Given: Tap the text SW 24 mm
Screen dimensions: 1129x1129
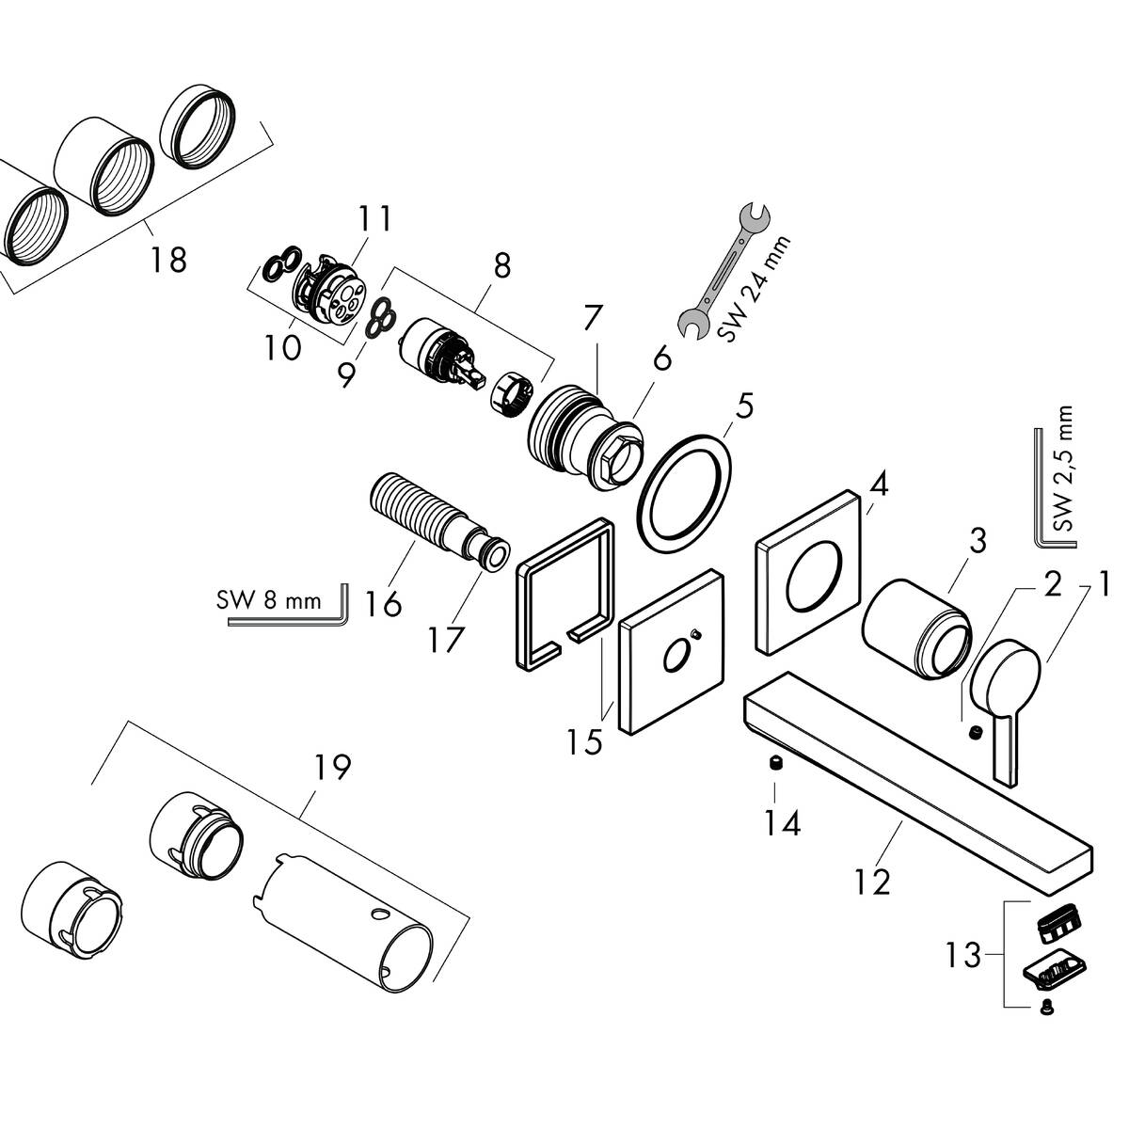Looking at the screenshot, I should (x=758, y=292).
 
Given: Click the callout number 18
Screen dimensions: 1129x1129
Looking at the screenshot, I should (x=170, y=258).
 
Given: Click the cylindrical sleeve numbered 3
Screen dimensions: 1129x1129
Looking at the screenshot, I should (x=915, y=628).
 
